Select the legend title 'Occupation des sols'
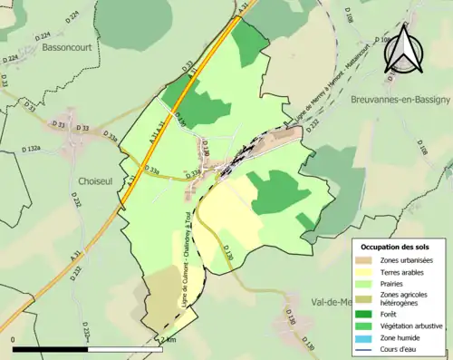(395, 247)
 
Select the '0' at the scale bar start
(14, 340)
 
